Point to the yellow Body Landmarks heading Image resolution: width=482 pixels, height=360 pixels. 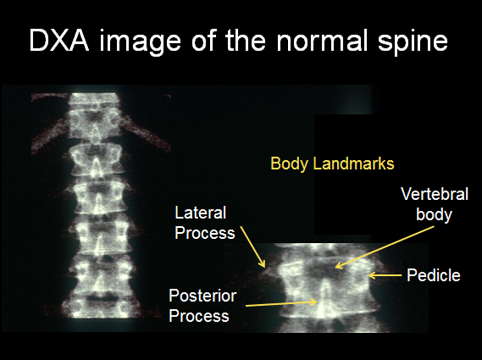332,164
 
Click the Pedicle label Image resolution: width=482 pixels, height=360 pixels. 433,275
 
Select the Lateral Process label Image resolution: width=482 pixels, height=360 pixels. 205,223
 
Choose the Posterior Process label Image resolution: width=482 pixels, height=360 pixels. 202,306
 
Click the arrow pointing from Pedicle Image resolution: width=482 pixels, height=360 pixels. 385,275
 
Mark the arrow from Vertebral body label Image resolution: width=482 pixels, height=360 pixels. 385,247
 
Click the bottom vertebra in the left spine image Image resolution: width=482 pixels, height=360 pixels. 101,306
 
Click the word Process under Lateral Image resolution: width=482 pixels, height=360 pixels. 205,233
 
